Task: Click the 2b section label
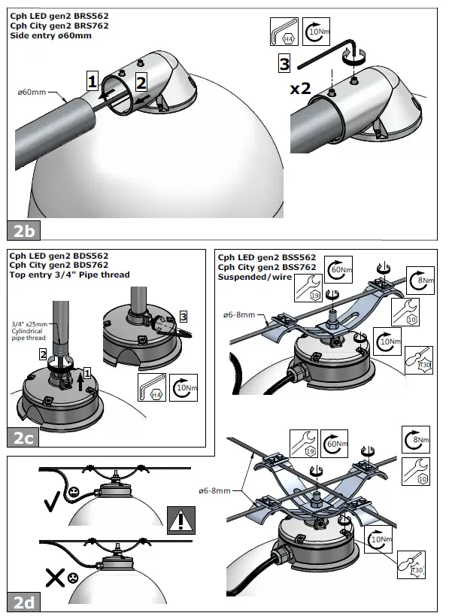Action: click(23, 231)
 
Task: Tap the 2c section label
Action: click(23, 438)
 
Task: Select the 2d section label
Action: click(23, 602)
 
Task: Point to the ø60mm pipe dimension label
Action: click(32, 93)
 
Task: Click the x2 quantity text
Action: click(301, 88)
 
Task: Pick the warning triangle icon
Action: click(181, 520)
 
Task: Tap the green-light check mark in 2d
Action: click(52, 501)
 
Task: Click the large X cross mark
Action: click(55, 578)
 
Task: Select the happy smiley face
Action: click(72, 491)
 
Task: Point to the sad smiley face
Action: click(73, 578)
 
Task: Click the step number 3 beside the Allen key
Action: click(284, 63)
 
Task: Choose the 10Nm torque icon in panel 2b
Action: click(316, 32)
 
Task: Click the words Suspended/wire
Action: click(254, 277)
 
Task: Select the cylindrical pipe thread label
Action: click(29, 331)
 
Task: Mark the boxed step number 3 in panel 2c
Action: click(184, 316)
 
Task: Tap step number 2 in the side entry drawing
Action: click(141, 83)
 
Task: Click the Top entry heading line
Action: click(69, 275)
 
